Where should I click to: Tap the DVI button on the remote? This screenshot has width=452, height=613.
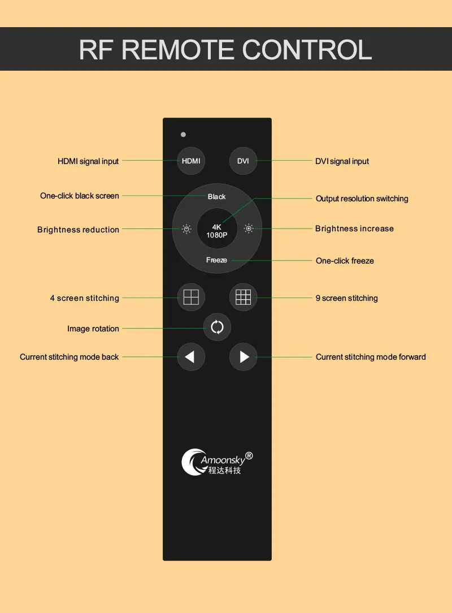click(x=243, y=161)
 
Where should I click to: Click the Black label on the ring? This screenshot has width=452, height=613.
click(x=217, y=197)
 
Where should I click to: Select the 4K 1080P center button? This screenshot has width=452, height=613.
click(x=217, y=231)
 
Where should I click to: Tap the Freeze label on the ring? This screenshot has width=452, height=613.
click(x=216, y=260)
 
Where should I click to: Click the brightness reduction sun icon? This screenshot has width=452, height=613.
click(x=186, y=229)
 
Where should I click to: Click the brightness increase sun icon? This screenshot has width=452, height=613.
click(x=248, y=229)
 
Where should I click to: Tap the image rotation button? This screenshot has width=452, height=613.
click(x=217, y=327)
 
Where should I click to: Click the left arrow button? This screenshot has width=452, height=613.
click(x=191, y=357)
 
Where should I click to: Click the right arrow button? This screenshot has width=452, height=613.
click(x=244, y=357)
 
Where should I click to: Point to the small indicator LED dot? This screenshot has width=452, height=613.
click(x=183, y=135)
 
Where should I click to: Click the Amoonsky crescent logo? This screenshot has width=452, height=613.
click(x=191, y=461)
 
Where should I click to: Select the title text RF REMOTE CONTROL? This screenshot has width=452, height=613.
click(x=225, y=49)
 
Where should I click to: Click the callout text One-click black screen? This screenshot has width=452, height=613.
click(x=80, y=196)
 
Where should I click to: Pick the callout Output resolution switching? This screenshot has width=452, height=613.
click(x=362, y=198)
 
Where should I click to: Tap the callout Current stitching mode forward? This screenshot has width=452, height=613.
click(x=371, y=357)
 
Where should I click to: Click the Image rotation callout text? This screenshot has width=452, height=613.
click(x=93, y=329)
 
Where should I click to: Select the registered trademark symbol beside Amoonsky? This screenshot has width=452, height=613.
click(x=249, y=456)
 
